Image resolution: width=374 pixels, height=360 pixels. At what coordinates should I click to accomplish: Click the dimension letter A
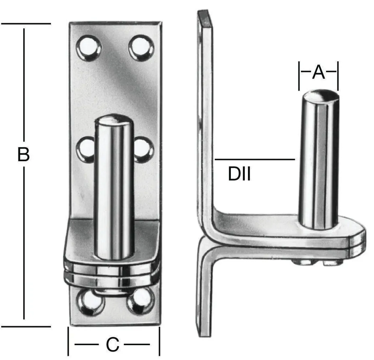318,73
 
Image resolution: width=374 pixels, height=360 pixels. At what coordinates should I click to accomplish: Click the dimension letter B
24,155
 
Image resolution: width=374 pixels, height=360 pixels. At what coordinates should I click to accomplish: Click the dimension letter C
113,345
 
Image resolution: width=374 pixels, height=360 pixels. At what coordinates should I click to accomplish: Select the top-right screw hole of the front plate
141,47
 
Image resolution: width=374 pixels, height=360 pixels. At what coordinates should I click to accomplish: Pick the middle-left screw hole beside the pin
86,149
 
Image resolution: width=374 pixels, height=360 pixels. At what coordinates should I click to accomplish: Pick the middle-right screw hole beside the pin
144,149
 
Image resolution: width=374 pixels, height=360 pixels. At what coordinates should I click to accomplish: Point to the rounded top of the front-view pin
114,119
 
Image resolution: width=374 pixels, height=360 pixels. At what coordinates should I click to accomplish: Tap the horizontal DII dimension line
255,159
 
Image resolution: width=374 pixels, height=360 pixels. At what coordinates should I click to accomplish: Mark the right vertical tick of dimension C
159,341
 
